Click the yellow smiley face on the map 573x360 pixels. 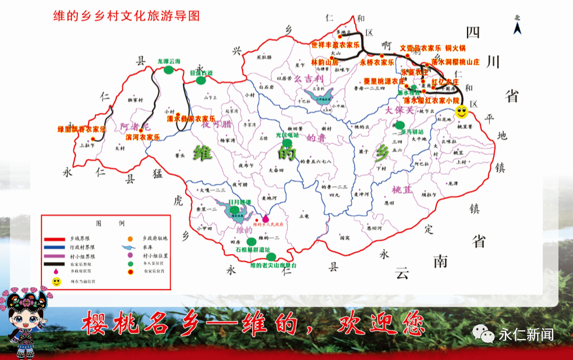(461, 110)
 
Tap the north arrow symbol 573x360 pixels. (517, 25)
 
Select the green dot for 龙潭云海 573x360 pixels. (169, 70)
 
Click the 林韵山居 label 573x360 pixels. (324, 62)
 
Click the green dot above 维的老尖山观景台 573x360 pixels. (271, 256)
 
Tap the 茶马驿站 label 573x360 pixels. (406, 132)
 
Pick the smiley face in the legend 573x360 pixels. (57, 281)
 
